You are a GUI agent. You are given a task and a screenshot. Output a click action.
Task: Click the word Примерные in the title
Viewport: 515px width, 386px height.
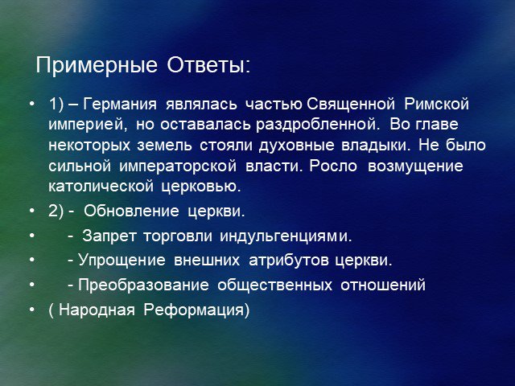[97, 66]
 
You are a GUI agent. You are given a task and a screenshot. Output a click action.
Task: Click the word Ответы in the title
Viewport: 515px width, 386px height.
[206, 65]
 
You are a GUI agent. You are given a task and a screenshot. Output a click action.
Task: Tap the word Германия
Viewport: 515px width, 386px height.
[120, 105]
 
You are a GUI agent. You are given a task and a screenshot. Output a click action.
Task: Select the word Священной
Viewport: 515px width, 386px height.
[351, 105]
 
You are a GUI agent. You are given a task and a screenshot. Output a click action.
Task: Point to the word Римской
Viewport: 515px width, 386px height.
[436, 105]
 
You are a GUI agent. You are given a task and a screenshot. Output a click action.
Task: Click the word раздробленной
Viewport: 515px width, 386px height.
[315, 125]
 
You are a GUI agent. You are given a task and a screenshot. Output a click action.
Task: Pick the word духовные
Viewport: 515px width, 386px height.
[296, 146]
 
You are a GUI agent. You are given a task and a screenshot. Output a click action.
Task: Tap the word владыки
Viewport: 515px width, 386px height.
[374, 146]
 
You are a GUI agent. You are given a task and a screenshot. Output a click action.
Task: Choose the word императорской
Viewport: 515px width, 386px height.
[178, 166]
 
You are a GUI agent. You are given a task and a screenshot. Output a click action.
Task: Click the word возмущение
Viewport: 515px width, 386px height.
[415, 166]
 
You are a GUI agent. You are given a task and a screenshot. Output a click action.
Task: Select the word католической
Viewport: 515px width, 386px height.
[101, 187]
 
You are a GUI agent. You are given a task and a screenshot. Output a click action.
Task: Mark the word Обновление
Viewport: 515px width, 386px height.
[131, 211]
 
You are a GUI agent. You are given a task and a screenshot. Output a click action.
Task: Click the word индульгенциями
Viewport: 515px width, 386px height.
[283, 236]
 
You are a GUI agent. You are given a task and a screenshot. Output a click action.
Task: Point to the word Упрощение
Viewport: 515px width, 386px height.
[122, 261]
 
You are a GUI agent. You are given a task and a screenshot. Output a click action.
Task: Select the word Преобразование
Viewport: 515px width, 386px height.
[143, 285]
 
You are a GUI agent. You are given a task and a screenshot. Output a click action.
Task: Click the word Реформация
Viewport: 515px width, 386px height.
[196, 310]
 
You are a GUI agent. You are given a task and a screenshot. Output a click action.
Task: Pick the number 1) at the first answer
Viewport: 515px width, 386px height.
[56, 105]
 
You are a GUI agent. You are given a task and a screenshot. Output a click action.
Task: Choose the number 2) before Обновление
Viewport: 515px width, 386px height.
[56, 211]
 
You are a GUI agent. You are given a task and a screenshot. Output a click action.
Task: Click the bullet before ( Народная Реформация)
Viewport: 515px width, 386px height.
[32, 310]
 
